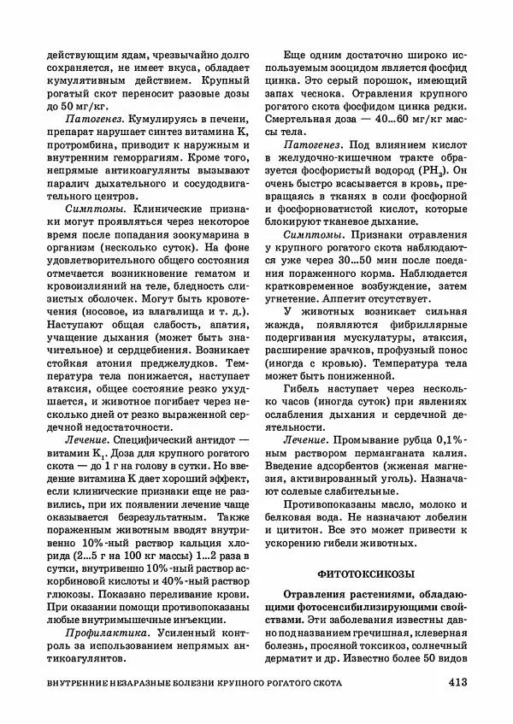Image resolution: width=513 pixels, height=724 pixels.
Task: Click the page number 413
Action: [455, 683]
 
